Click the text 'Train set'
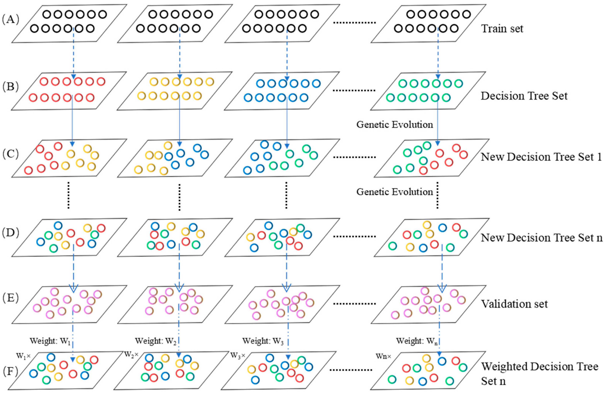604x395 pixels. click(502, 29)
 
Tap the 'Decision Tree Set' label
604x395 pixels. click(524, 96)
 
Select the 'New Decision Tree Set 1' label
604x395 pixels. click(541, 157)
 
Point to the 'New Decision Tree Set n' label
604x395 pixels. click(542, 238)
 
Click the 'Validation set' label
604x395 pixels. click(514, 304)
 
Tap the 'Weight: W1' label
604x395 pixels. click(50, 341)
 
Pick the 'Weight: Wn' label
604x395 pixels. click(416, 341)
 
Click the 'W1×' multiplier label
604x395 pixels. click(23, 356)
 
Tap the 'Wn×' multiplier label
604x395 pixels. click(384, 356)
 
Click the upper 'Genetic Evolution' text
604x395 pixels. click(395, 124)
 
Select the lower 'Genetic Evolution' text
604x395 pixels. click(395, 192)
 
